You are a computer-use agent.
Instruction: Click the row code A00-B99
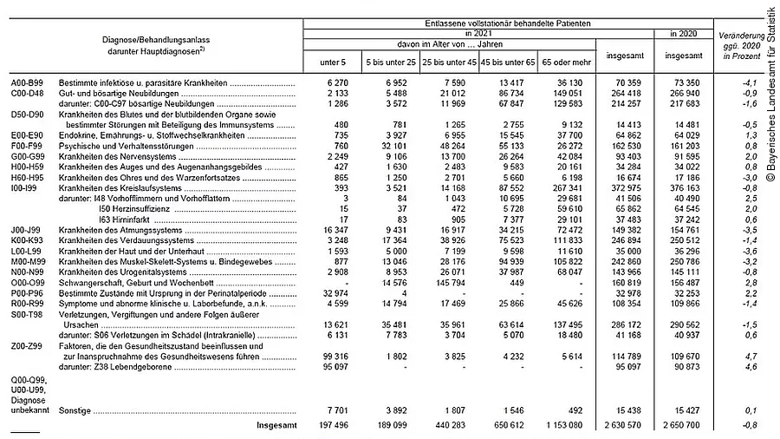28,82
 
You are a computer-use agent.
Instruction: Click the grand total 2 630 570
623,426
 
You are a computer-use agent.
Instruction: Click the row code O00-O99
28,281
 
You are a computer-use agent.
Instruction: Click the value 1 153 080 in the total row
565,426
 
